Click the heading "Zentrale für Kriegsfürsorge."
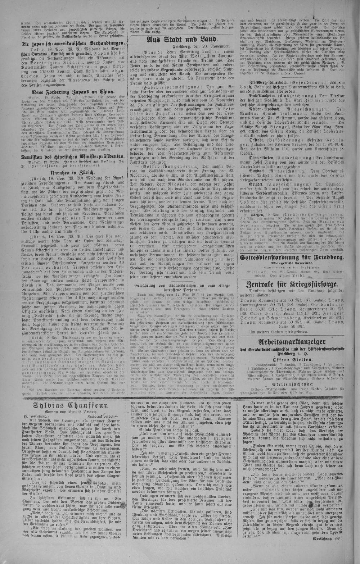(292, 285)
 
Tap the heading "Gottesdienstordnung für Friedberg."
(292, 258)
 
